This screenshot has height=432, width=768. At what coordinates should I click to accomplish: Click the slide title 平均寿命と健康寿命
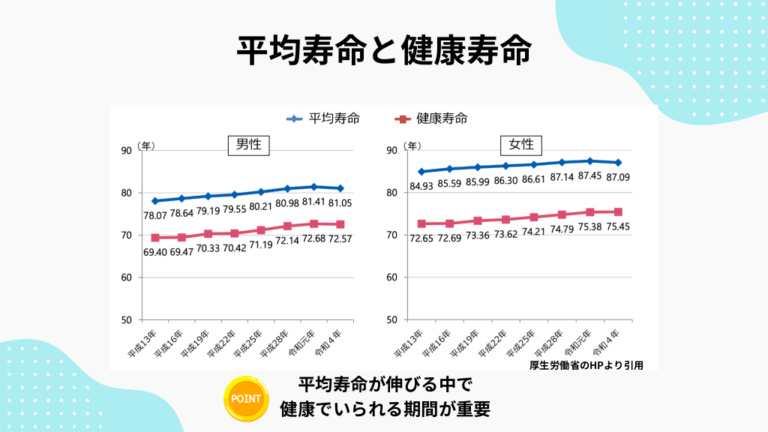384,51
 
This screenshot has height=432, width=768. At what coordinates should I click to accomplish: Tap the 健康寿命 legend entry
432,118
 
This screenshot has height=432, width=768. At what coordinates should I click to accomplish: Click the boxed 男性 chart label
248,144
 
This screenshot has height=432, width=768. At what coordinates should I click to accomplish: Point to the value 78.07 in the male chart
156,216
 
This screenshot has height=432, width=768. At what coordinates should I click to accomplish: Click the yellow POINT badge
247,398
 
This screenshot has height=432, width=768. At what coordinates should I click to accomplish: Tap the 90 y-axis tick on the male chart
126,151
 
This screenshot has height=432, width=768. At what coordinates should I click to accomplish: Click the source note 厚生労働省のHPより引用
586,365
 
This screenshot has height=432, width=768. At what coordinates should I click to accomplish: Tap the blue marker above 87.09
617,163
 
